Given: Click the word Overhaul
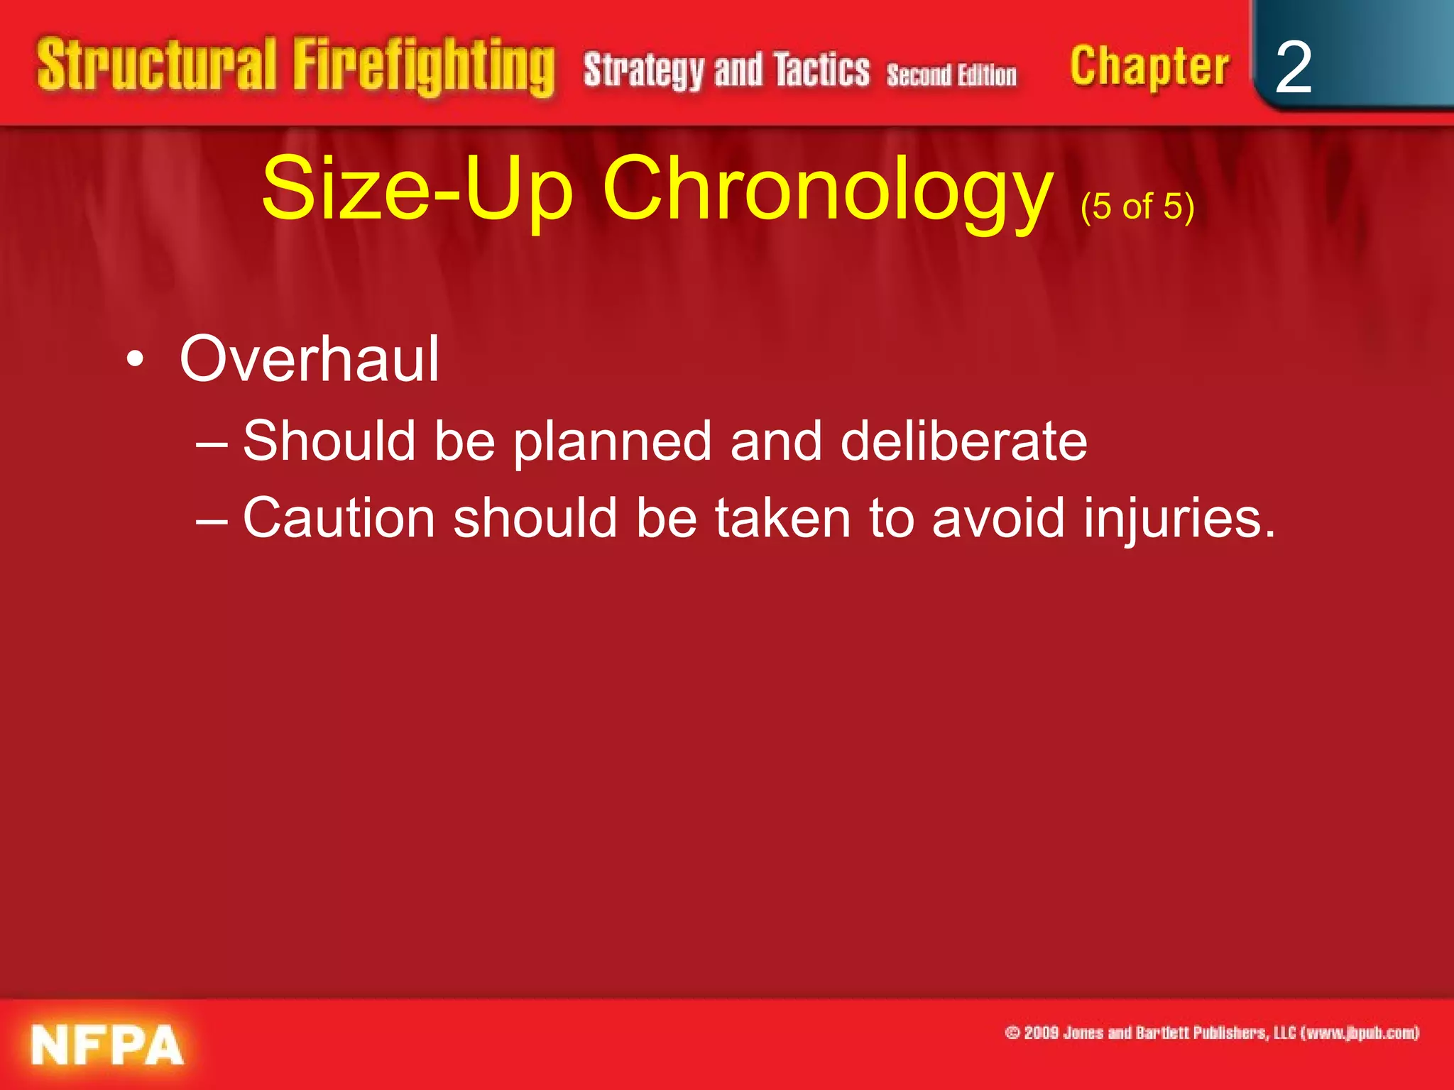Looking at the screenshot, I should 310,360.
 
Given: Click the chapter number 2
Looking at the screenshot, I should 1293,67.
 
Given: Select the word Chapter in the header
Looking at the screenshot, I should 1149,67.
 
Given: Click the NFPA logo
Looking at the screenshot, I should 106,1045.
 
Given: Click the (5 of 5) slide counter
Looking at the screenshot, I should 1137,207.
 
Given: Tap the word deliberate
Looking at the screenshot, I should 963,441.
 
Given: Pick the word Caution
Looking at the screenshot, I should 339,518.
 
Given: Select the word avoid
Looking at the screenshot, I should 998,518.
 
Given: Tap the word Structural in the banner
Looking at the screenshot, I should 156,65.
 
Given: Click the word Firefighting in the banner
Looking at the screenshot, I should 424,67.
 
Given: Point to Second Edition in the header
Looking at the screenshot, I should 951,75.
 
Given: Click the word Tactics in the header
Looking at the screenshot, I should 821,70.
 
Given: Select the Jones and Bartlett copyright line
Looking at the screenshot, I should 1212,1033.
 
